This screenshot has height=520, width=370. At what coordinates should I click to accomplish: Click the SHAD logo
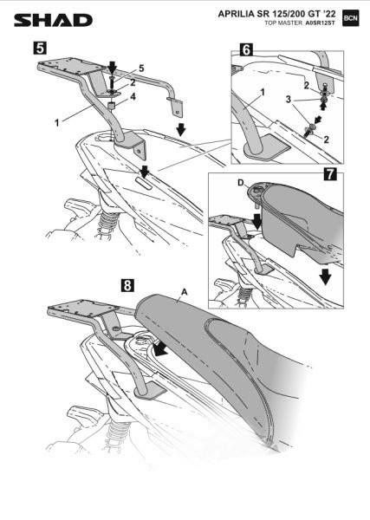pyautogui.click(x=53, y=20)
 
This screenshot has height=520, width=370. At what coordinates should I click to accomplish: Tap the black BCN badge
pyautogui.click(x=350, y=18)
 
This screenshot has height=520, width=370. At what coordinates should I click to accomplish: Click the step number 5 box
pyautogui.click(x=40, y=48)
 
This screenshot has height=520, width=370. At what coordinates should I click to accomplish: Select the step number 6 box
pyautogui.click(x=246, y=49)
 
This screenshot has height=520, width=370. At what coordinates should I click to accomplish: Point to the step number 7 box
pyautogui.click(x=330, y=174)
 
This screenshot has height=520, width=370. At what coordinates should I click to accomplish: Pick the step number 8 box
pyautogui.click(x=127, y=284)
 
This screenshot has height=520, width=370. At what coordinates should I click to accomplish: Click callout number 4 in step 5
pyautogui.click(x=133, y=96)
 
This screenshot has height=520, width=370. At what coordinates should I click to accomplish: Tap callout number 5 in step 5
pyautogui.click(x=141, y=68)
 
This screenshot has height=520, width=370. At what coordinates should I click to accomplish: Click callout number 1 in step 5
pyautogui.click(x=56, y=123)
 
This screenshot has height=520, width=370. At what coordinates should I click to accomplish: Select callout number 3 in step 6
pyautogui.click(x=289, y=99)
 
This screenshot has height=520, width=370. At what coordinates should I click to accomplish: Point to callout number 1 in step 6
pyautogui.click(x=263, y=92)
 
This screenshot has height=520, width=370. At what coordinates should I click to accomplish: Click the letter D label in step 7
pyautogui.click(x=241, y=182)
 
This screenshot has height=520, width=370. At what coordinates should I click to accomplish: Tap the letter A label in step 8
pyautogui.click(x=185, y=292)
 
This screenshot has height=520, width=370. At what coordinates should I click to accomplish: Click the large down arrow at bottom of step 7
pyautogui.click(x=326, y=276)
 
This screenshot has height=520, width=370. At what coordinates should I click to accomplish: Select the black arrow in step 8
pyautogui.click(x=161, y=349)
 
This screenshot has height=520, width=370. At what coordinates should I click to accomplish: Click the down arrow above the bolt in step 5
pyautogui.click(x=113, y=67)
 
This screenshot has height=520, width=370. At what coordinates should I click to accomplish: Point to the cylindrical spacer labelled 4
pyautogui.click(x=113, y=107)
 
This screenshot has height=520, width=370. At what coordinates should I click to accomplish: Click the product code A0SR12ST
pyautogui.click(x=321, y=23)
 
